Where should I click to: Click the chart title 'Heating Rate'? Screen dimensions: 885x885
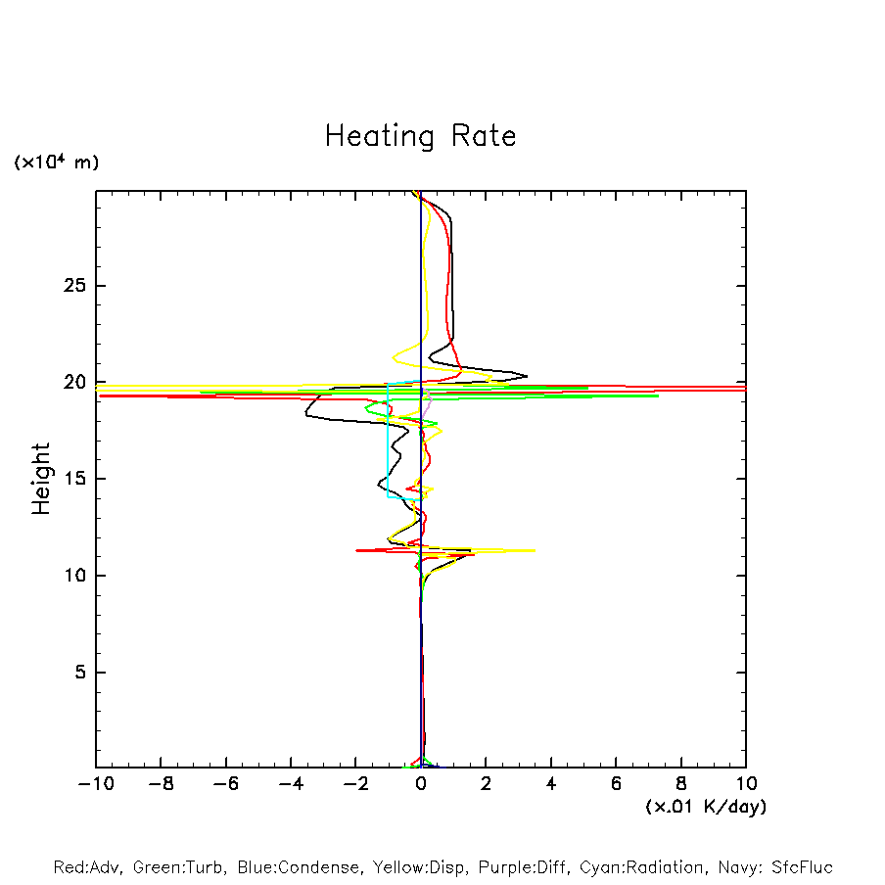point(420,136)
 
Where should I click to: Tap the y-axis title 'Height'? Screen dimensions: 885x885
point(41,479)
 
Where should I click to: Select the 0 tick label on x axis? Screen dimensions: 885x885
point(421,784)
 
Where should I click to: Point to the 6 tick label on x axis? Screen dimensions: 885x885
point(616,784)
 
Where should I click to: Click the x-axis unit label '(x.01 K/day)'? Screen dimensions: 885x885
point(705,807)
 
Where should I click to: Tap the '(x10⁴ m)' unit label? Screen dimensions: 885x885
point(56,163)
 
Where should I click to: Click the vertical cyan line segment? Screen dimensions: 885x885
point(388,441)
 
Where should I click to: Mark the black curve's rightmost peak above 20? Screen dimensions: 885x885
point(527,376)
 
